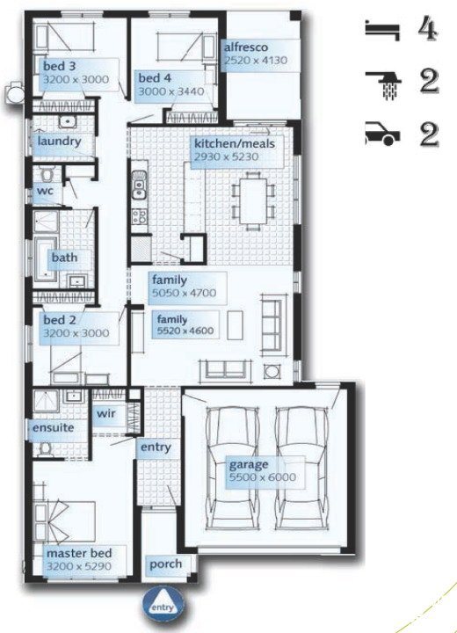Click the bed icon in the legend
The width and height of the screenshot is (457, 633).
pos(382,31)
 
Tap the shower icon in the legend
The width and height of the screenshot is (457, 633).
pos(383,84)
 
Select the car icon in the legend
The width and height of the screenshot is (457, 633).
pos(382,134)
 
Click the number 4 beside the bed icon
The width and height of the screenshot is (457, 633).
pos(428,30)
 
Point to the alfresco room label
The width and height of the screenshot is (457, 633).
pos(246,47)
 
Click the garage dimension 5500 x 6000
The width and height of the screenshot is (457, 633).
pos(263,477)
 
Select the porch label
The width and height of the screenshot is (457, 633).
pos(165,564)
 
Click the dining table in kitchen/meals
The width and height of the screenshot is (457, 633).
pos(253,200)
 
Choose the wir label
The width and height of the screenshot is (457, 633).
pos(105,413)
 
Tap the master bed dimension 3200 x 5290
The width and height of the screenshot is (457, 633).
pos(79,566)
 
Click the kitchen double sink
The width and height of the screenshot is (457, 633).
pos(139,184)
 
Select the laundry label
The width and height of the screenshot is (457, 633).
pos(60,142)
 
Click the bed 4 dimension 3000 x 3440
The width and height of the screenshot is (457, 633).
pos(171,91)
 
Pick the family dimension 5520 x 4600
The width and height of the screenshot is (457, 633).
pos(185,331)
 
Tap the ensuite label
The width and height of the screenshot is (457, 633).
pos(54,427)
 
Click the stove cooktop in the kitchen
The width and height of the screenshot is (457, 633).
pos(139,216)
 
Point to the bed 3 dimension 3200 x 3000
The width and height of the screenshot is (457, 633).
pos(76,79)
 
